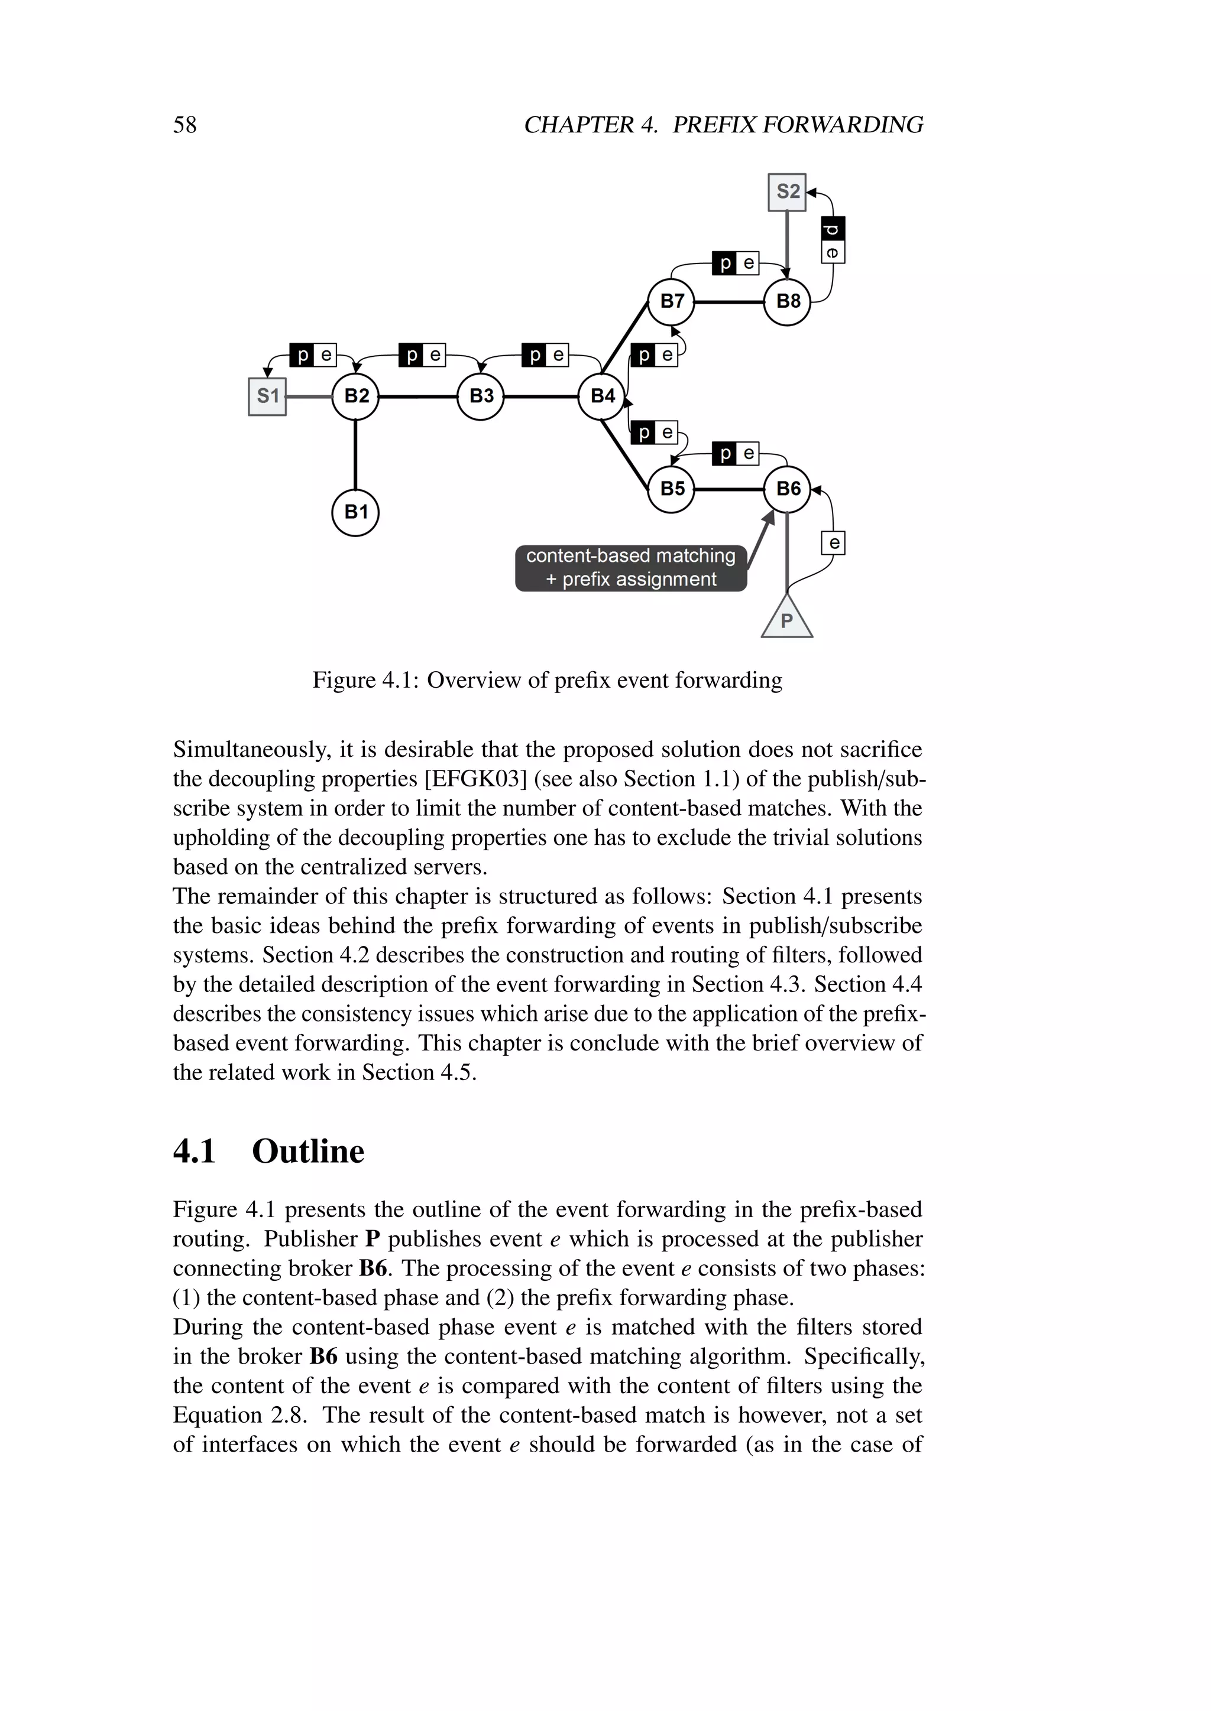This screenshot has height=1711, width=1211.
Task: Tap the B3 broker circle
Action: point(480,396)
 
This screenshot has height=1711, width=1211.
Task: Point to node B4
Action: point(602,396)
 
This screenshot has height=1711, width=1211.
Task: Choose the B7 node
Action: point(671,302)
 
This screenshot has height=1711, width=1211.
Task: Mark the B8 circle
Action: point(788,302)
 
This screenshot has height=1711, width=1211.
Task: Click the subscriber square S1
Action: point(267,396)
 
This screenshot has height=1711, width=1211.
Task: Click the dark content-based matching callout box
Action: point(631,568)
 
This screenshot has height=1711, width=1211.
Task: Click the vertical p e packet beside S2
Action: point(833,240)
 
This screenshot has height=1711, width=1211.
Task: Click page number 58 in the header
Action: point(185,125)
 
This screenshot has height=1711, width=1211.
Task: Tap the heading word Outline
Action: point(308,1151)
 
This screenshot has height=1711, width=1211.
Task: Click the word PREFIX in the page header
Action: point(714,125)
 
